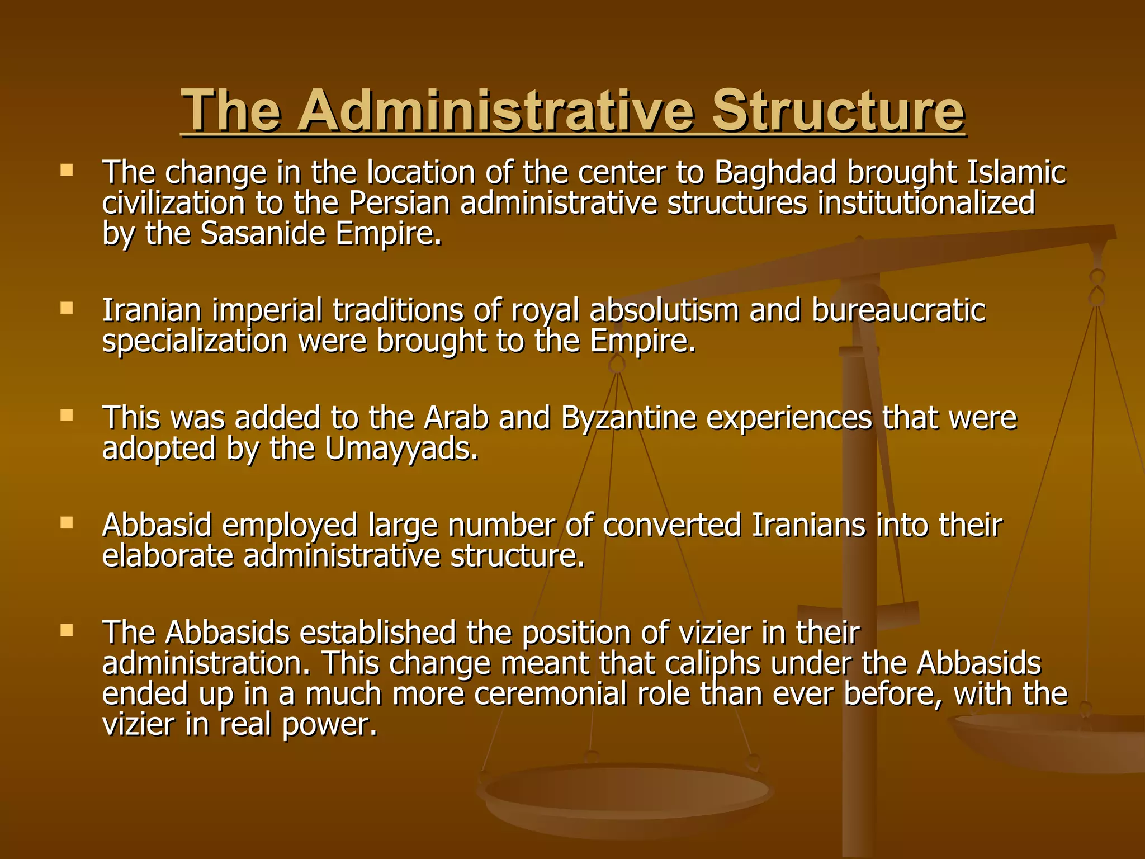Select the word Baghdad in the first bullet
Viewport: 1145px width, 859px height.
pyautogui.click(x=775, y=172)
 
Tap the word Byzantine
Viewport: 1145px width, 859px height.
pyautogui.click(x=628, y=418)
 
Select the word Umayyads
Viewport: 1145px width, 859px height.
pyautogui.click(x=401, y=449)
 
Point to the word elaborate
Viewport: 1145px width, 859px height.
pyautogui.click(x=168, y=556)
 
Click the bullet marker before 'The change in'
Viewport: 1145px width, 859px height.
pyautogui.click(x=67, y=170)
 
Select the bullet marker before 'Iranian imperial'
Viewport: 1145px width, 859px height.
pyautogui.click(x=67, y=308)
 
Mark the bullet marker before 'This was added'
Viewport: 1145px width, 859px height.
pyautogui.click(x=67, y=416)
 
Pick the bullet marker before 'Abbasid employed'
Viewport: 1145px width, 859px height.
pyautogui.click(x=67, y=523)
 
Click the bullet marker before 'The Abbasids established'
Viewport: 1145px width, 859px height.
pyautogui.click(x=67, y=631)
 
